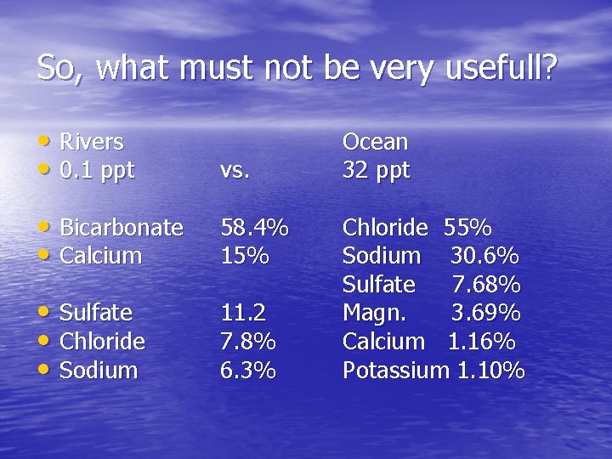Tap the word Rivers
pyautogui.click(x=92, y=142)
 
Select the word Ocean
pyautogui.click(x=375, y=142)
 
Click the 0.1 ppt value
pyautogui.click(x=97, y=170)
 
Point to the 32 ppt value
pyautogui.click(x=376, y=170)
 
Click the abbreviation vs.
pyautogui.click(x=235, y=170)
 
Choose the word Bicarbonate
pyautogui.click(x=122, y=228)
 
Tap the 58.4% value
pyautogui.click(x=254, y=228)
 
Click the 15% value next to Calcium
pyautogui.click(x=245, y=256)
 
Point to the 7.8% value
pyautogui.click(x=248, y=342)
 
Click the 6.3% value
pyautogui.click(x=248, y=371)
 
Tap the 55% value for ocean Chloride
pyautogui.click(x=467, y=228)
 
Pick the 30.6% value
pyautogui.click(x=484, y=256)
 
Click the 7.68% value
pyautogui.click(x=485, y=285)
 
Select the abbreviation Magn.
pyautogui.click(x=374, y=313)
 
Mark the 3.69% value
pyautogui.click(x=485, y=313)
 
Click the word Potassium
pyautogui.click(x=395, y=371)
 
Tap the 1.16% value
pyautogui.click(x=481, y=342)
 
